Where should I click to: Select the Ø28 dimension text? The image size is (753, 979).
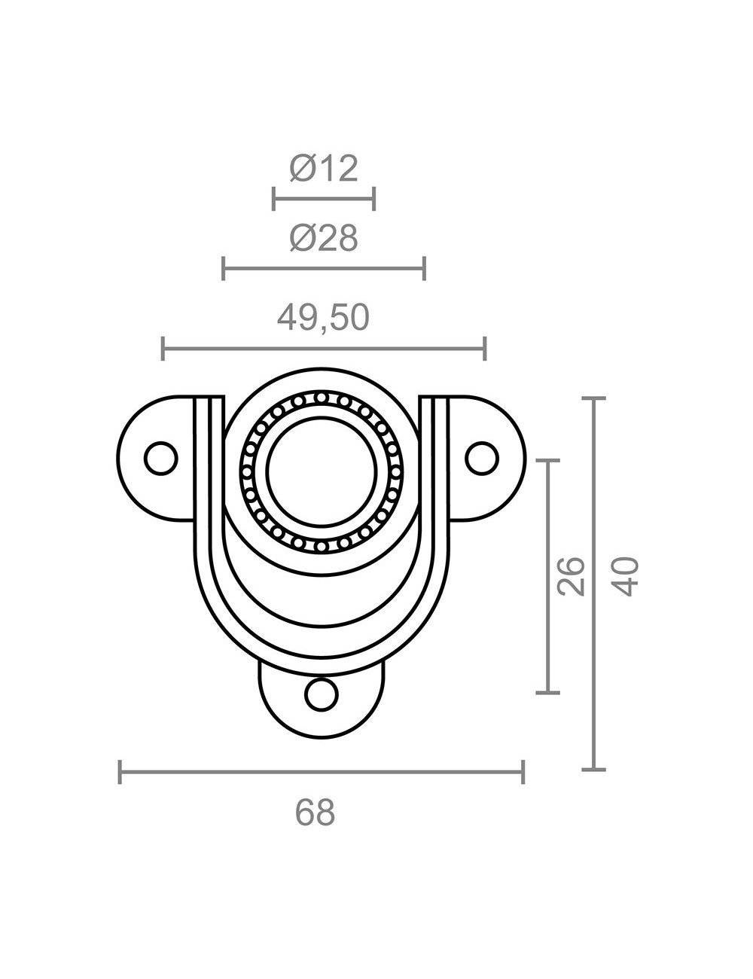324,238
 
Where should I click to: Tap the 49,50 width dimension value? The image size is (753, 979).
324,318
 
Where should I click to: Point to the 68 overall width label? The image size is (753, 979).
315,813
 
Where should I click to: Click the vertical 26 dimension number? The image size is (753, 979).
573,576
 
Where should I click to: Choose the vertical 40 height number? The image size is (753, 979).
626,576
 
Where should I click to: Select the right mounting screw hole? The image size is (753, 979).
482,457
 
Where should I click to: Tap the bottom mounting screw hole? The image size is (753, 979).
322,694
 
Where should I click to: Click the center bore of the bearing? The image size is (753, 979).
322,471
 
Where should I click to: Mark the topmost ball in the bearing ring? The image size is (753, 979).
322,398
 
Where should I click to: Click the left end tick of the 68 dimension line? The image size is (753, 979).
120,772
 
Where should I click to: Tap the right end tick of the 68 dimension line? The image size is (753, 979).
523,772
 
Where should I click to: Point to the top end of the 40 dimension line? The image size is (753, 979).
594,398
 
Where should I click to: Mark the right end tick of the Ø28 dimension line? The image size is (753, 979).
425,267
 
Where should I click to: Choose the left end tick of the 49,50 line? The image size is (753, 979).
163,349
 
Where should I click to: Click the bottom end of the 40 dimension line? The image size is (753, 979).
594,769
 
